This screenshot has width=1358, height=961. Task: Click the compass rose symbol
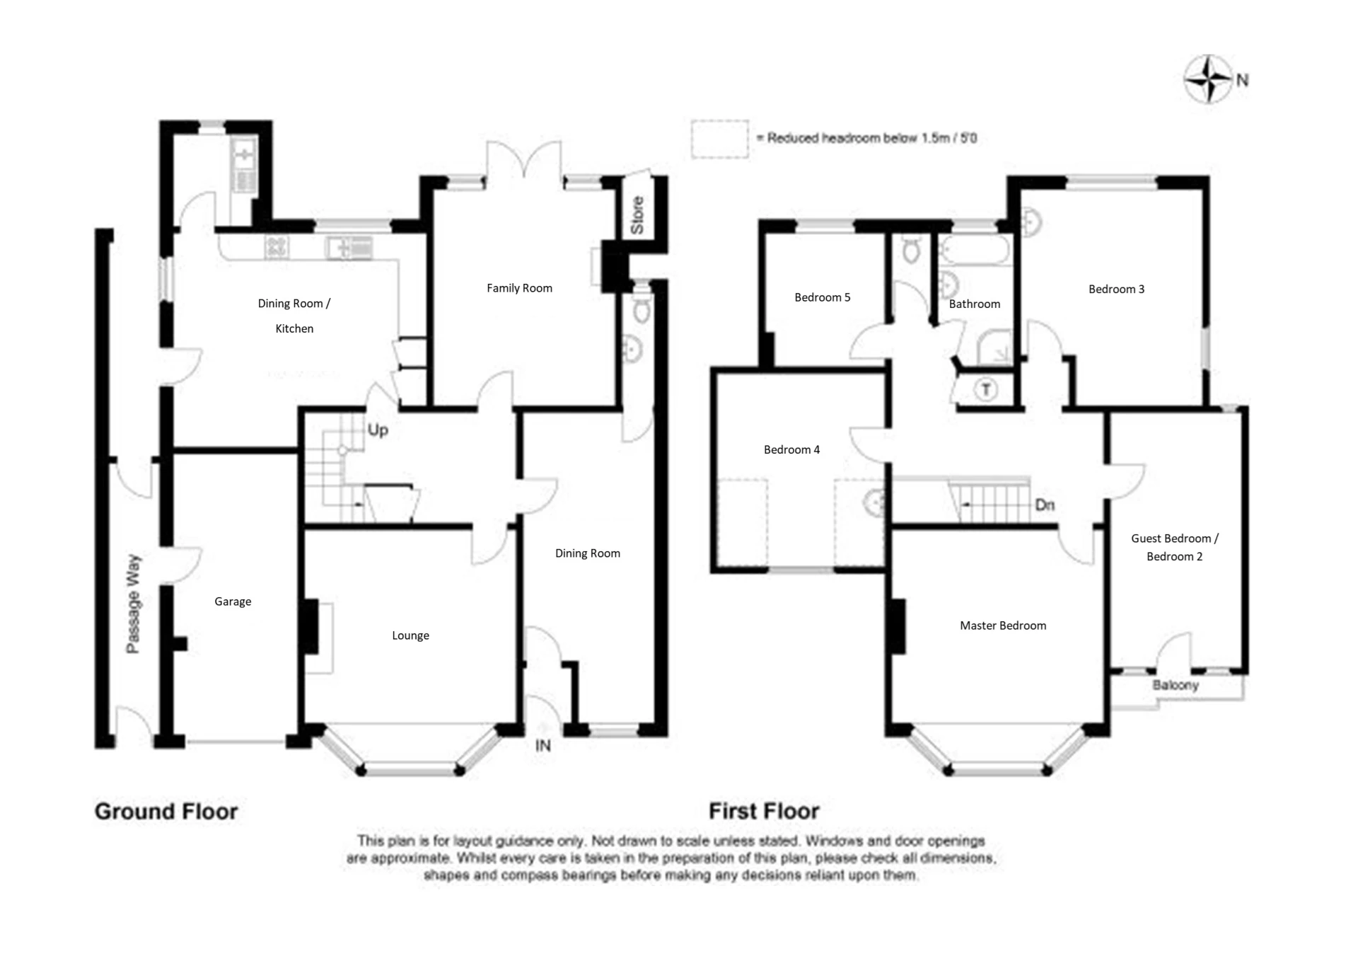[x=1208, y=79]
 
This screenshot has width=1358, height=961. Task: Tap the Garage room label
[x=233, y=602]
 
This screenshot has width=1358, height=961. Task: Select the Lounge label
[x=410, y=635]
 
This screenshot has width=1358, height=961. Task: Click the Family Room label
[x=519, y=288]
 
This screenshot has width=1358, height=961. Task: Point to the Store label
[x=637, y=215]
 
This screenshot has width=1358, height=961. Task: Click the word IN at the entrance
[x=542, y=745]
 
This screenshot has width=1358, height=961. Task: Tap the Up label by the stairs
[x=377, y=430]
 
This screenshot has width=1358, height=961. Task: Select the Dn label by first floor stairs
[x=1045, y=505]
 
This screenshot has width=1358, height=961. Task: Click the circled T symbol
[x=986, y=389]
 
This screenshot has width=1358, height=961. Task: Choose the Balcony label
[x=1176, y=685]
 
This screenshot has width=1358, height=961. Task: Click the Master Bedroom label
[x=1002, y=626]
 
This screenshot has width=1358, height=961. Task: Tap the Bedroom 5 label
[x=822, y=297]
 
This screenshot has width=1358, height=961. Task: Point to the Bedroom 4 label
[x=791, y=449]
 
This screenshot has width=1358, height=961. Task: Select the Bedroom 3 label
[x=1116, y=289]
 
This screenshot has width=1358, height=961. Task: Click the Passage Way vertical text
[x=133, y=604]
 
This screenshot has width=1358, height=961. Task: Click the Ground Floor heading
[x=166, y=811]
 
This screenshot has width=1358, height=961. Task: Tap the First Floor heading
[x=764, y=811]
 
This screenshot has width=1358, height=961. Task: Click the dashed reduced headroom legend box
[x=719, y=139]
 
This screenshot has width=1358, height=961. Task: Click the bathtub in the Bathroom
[x=975, y=251]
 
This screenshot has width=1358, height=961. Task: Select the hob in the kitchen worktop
[x=277, y=247]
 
